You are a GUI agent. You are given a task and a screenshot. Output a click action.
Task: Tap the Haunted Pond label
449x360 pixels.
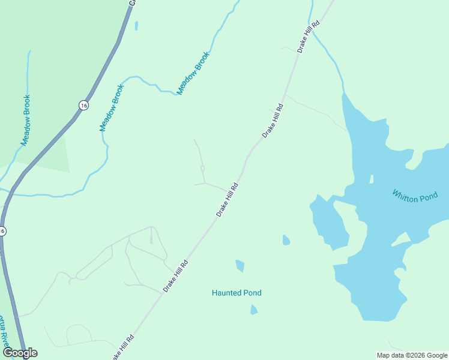point(237,293)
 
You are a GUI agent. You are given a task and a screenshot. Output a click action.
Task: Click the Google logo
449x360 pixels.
point(20,353)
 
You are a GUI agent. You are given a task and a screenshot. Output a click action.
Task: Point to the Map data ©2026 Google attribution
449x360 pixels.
point(412,355)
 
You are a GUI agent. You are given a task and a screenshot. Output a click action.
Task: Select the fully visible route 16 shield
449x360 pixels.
point(83,105)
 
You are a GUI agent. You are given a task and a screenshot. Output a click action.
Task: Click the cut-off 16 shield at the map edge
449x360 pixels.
point(2,231)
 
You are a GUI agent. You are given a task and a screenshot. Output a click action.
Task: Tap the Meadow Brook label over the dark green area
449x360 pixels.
point(26,120)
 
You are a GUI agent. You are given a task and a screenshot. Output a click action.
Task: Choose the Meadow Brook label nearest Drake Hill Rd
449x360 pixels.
point(193,77)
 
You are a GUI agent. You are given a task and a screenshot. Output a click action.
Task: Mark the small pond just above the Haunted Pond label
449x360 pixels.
point(240,265)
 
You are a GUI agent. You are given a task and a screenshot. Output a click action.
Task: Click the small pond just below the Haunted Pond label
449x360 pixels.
point(254,310)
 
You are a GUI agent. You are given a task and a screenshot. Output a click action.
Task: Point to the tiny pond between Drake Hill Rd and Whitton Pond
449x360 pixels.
point(286,240)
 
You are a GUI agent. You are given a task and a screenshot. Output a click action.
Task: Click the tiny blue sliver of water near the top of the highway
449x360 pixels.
point(136,26)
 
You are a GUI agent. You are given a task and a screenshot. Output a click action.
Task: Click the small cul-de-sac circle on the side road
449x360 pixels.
point(203,168)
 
